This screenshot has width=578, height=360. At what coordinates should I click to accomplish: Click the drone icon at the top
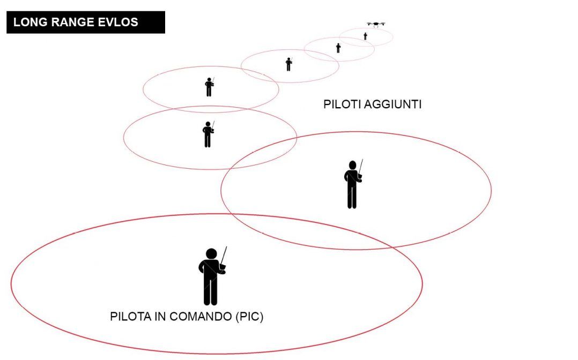376,24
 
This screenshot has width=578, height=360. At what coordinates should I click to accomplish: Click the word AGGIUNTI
392,104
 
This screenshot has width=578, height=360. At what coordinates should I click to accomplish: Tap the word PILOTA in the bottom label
130,317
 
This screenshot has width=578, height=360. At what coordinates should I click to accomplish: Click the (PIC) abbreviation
249,317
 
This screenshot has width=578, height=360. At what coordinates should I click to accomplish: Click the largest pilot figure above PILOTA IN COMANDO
212,276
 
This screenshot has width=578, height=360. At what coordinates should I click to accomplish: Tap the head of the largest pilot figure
211,254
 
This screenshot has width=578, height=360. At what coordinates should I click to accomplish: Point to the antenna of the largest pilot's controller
224,256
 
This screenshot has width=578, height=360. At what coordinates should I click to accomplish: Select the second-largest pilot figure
353,184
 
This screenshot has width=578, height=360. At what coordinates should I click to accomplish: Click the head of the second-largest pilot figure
352,165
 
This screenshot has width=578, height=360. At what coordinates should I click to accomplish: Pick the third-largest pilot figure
208,134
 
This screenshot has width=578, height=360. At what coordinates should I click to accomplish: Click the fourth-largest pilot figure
209,87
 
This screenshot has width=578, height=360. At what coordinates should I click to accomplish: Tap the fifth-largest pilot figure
289,64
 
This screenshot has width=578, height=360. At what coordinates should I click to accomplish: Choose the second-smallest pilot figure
338,48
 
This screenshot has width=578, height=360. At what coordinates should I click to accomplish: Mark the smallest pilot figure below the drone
365,36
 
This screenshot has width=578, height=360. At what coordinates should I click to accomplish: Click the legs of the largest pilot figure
211,291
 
